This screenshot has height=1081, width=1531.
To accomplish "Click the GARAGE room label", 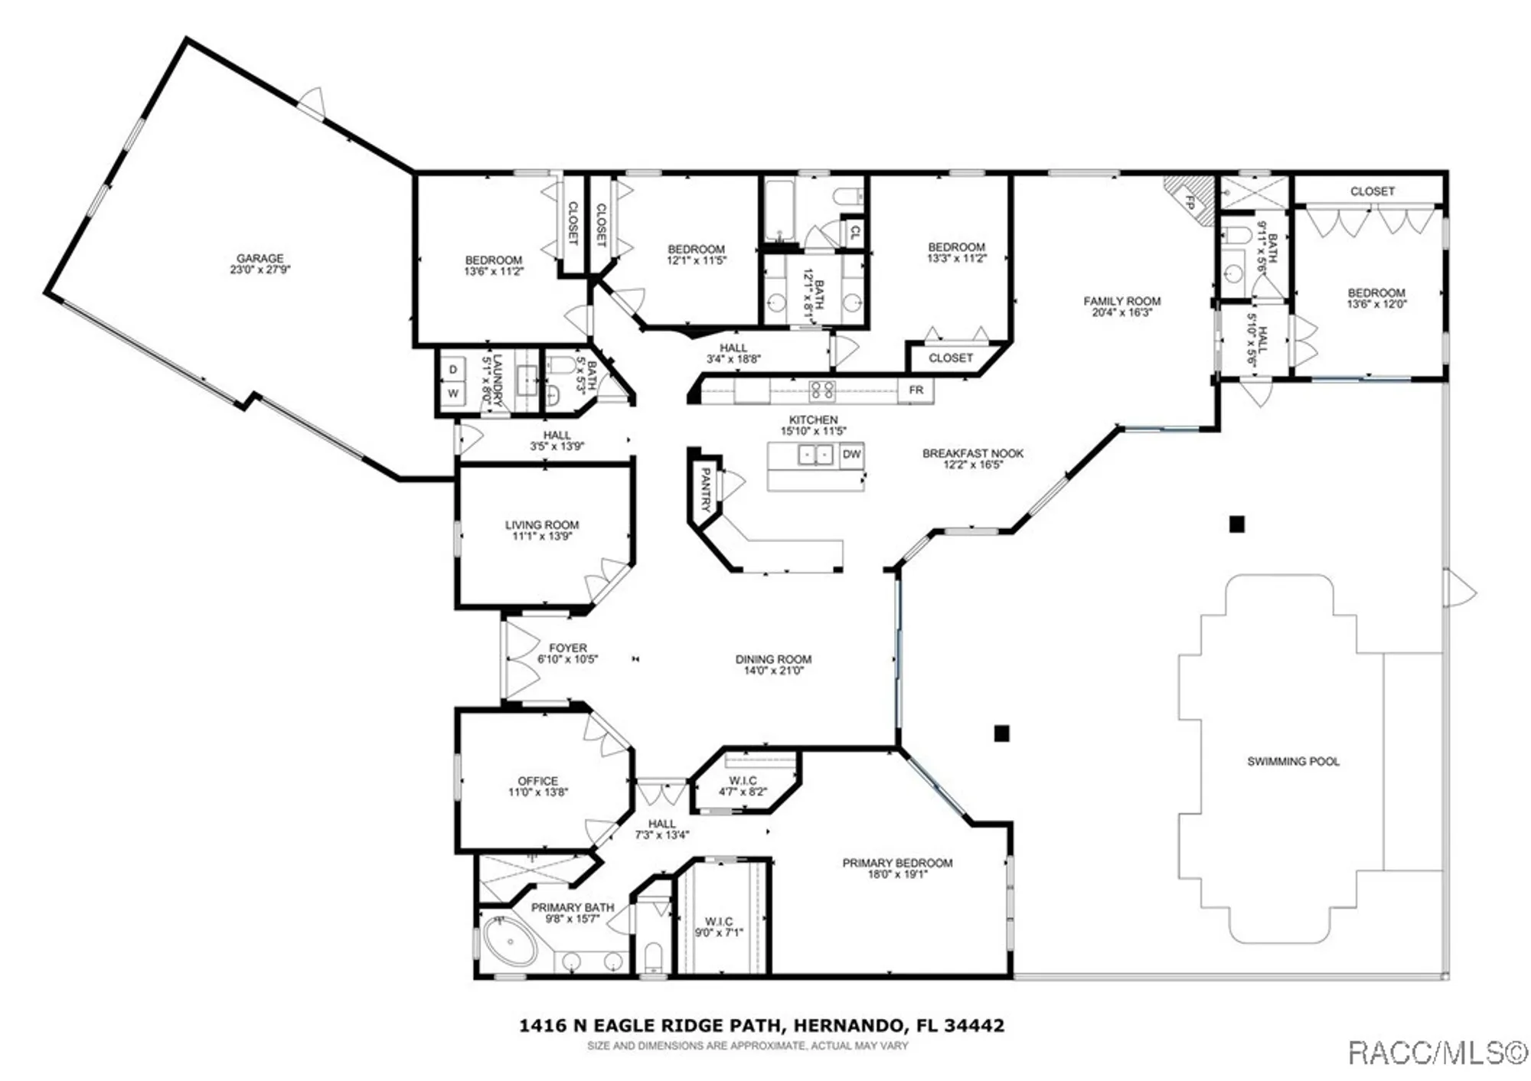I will tap(260, 259).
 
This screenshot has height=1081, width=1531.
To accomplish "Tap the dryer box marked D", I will tap(453, 370).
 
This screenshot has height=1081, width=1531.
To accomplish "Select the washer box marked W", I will tap(453, 394).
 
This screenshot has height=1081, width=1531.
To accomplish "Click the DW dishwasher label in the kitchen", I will tap(851, 454).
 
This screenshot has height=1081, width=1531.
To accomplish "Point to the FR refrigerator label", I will tap(916, 390).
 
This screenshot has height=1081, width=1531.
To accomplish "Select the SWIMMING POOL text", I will tap(1293, 762).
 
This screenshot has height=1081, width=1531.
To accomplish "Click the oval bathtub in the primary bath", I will tap(511, 942).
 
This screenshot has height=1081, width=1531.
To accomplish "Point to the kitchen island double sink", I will tap(815, 455).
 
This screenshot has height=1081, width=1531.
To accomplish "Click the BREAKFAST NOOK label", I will tap(972, 453).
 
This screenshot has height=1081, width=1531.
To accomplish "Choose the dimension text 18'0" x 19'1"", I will tap(897, 874).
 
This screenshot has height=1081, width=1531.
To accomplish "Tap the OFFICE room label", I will tap(537, 781).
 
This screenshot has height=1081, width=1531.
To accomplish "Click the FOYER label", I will tap(567, 648).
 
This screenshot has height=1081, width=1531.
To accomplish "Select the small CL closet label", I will tap(854, 232).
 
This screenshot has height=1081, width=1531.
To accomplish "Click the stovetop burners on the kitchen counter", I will tap(822, 390).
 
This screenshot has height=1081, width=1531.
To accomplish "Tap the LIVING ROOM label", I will tap(541, 525).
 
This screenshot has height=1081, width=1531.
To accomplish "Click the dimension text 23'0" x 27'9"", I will tap(260, 270).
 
